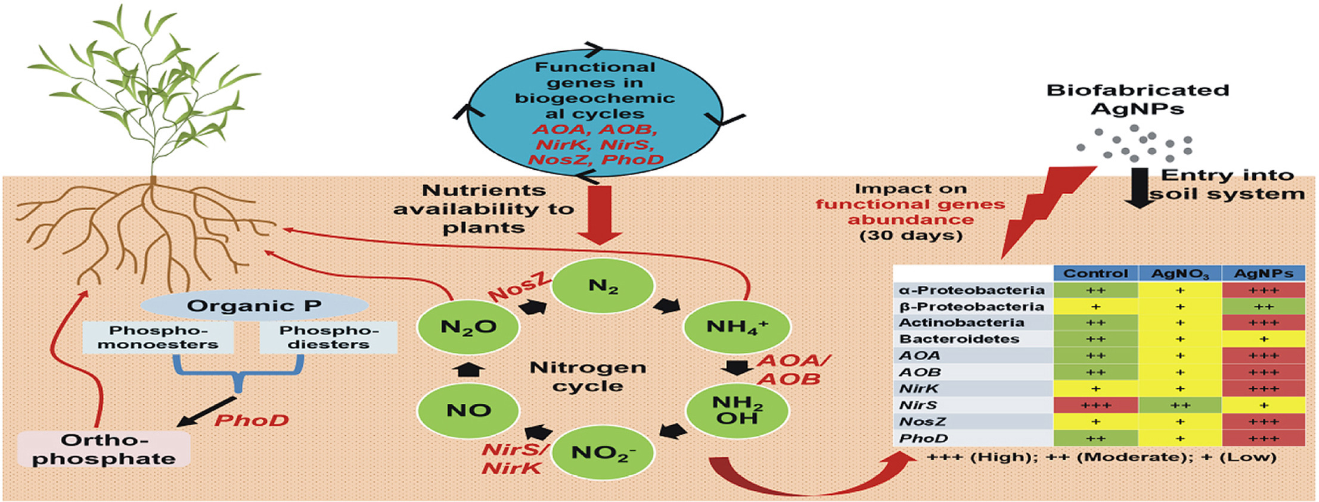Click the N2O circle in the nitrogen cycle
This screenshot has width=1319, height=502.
coord(468,327)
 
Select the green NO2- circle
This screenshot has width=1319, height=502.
coord(603,453)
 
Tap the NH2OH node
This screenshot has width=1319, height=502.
coord(738,410)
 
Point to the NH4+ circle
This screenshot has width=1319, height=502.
coord(737,327)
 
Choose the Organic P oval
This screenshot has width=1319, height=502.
coord(254,306)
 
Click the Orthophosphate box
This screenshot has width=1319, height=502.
coord(104,450)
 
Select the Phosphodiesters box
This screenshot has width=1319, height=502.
coord(328,338)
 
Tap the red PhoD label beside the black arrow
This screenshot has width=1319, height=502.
coord(252,420)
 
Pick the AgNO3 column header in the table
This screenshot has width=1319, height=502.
coord(1180,273)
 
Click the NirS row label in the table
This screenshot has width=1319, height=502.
coord(918,406)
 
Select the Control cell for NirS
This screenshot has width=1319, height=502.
coord(1095,406)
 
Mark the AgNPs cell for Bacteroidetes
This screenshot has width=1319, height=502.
coord(1264,339)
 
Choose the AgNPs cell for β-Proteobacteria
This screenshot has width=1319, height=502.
coord(1264,307)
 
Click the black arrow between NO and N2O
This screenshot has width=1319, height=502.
coord(468,369)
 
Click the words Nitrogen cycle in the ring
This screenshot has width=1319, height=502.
coord(588,376)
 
